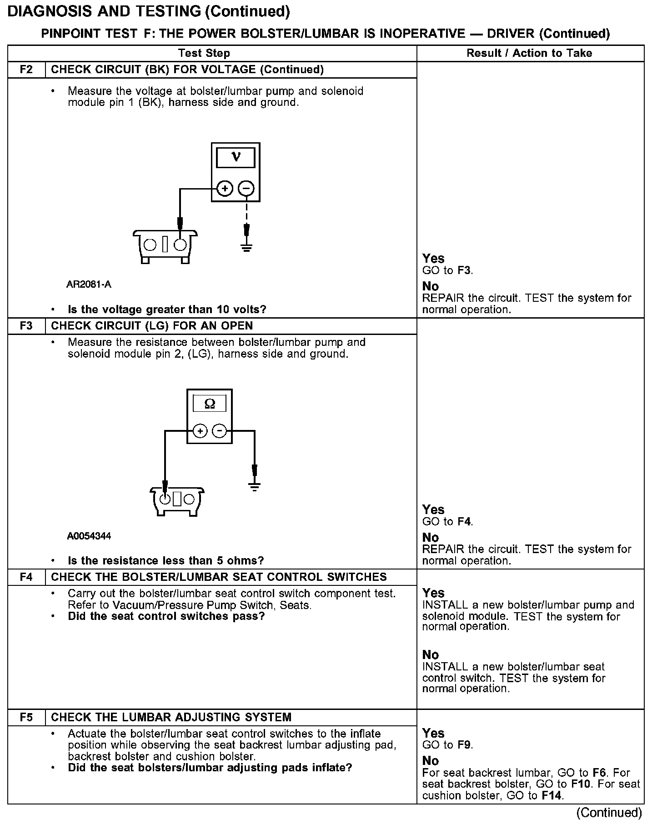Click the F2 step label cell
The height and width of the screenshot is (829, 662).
coord(26,70)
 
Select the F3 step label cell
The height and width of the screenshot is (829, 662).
coord(26,326)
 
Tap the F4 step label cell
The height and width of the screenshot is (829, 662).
coord(26,577)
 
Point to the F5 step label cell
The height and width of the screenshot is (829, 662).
coord(26,717)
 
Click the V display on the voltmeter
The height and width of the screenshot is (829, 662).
coord(236,157)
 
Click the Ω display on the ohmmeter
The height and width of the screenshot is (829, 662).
coord(210,404)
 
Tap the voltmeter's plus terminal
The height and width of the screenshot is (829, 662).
coord(224,188)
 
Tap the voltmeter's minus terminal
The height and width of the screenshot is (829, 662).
coord(246,188)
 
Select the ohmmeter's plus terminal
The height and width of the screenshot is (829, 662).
coord(200,431)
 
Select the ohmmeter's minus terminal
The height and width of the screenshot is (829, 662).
coord(220,431)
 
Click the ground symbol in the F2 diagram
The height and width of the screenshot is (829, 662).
coord(246,248)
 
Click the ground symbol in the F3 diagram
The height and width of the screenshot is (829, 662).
coord(255,487)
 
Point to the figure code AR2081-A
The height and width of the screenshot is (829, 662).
coord(89,285)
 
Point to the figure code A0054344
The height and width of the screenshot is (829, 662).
coord(89,536)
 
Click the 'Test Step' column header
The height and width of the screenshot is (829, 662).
coord(204,53)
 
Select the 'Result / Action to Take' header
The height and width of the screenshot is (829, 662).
coord(529,53)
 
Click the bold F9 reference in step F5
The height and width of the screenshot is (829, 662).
coord(464,745)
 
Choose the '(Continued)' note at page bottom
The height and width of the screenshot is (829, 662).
coord(609,813)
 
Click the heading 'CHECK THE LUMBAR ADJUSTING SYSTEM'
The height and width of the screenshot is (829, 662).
coord(171,717)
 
